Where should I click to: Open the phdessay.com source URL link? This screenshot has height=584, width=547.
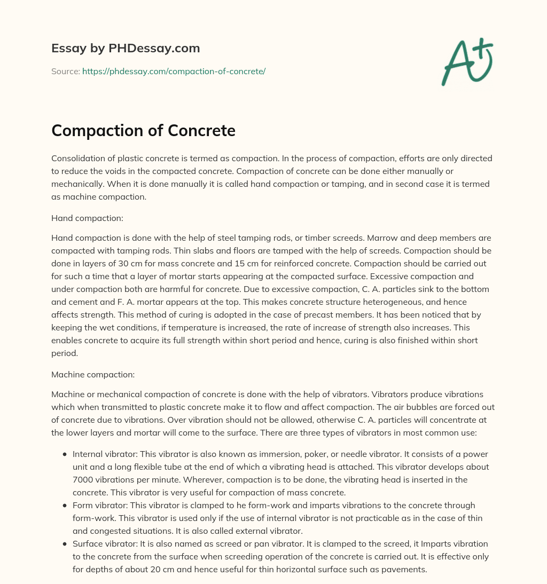[174, 71]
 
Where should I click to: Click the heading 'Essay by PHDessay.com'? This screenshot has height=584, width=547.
[126, 48]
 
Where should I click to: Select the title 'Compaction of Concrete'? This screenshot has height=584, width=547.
[143, 130]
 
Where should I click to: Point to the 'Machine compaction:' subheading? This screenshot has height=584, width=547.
[93, 375]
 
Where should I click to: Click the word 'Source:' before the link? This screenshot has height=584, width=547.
[65, 71]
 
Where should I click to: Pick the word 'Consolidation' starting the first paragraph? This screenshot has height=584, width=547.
[77, 159]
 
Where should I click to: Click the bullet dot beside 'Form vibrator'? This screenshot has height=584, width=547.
[65, 505]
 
